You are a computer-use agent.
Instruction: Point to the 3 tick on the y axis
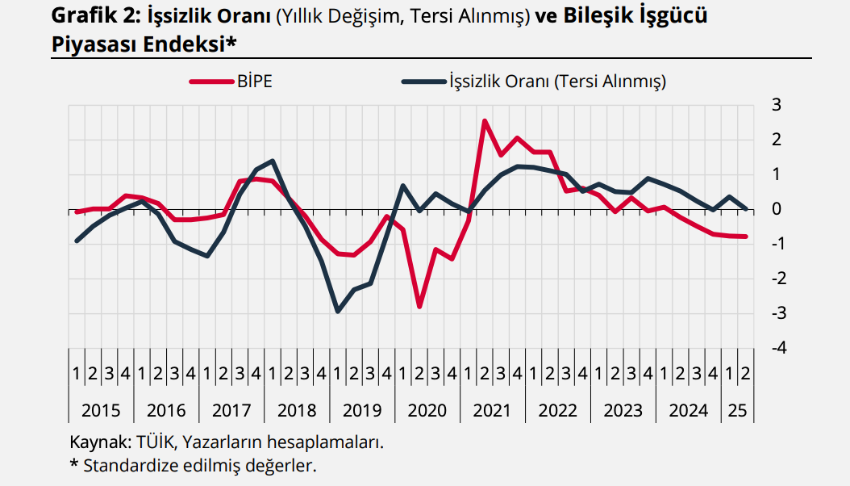click(x=777, y=105)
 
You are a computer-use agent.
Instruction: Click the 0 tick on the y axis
click(x=777, y=209)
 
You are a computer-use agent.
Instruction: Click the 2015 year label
click(x=101, y=410)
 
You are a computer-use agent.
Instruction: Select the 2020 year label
click(x=427, y=410)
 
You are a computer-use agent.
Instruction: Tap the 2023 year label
click(x=623, y=410)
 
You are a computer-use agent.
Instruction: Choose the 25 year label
click(x=737, y=410)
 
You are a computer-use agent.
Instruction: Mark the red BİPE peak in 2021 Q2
click(x=485, y=121)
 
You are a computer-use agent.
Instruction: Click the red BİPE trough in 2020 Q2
click(x=419, y=307)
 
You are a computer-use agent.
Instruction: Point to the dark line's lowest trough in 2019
click(x=337, y=312)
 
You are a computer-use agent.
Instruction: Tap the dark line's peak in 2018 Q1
click(x=273, y=161)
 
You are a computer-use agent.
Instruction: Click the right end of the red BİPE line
click(x=746, y=237)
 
